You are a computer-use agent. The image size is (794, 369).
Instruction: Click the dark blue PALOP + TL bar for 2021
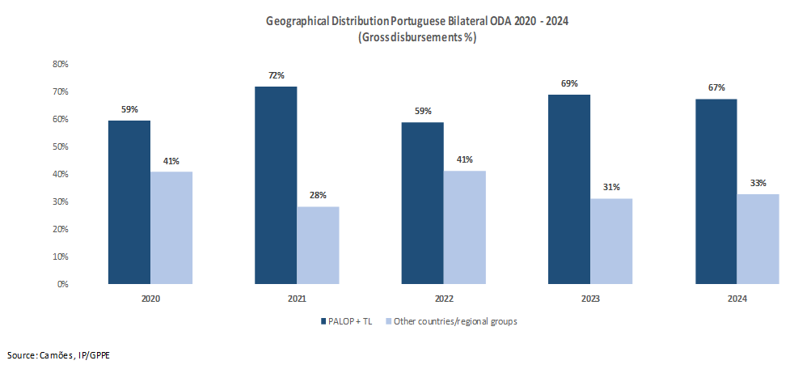276,185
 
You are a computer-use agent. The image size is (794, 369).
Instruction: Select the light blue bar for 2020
171,227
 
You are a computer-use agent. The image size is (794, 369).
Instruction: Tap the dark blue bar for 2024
716,192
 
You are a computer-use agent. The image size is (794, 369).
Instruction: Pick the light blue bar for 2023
611,241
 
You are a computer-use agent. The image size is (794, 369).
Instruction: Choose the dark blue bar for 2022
423,203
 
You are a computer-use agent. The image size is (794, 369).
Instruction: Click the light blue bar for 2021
318,245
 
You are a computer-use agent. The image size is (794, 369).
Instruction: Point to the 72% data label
276,76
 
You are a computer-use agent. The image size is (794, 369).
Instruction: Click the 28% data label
318,196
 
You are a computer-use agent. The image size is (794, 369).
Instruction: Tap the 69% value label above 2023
569,84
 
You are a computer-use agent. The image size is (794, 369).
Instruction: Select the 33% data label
758,183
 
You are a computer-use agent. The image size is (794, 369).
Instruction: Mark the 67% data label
716,88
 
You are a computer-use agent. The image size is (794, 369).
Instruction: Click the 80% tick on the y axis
61,64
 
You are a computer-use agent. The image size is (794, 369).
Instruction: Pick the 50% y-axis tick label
61,146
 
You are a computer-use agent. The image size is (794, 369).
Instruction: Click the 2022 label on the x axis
443,299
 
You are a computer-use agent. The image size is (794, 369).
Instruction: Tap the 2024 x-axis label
737,299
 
